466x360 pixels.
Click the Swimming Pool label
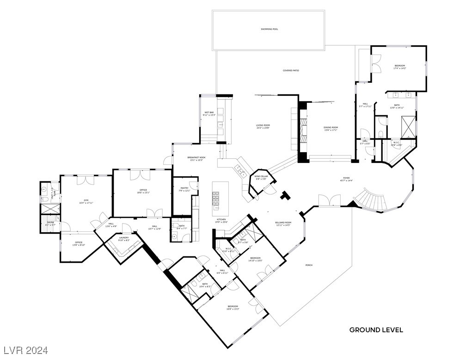(269, 29)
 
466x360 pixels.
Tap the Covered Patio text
(291, 70)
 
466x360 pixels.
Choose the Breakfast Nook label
(196, 159)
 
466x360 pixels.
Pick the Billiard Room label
(283, 223)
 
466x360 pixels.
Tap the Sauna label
(50, 223)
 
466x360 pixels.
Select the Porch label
(309, 265)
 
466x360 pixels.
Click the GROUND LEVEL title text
(376, 330)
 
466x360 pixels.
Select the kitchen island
(221, 199)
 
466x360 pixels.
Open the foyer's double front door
(329, 200)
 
